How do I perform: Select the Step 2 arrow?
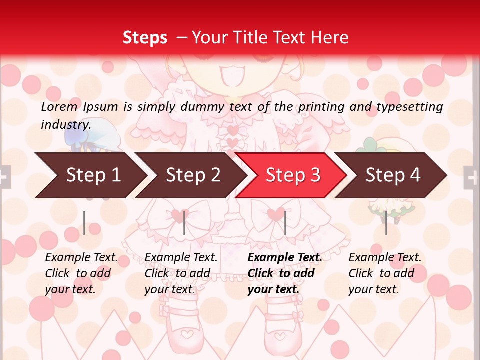tap(193, 175)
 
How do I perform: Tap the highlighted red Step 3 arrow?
tap(293, 175)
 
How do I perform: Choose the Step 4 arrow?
tap(393, 175)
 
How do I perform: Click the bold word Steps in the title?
tap(145, 38)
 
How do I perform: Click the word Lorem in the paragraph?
tap(59, 107)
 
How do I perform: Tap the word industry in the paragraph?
tap(66, 124)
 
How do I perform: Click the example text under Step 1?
tap(81, 273)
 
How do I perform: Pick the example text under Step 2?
tap(181, 273)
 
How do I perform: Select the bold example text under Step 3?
tap(285, 273)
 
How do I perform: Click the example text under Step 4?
tap(385, 273)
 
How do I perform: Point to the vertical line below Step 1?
tap(84, 223)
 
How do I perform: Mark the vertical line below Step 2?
tap(184, 223)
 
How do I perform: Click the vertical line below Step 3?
tap(285, 223)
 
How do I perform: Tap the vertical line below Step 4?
tap(386, 223)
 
